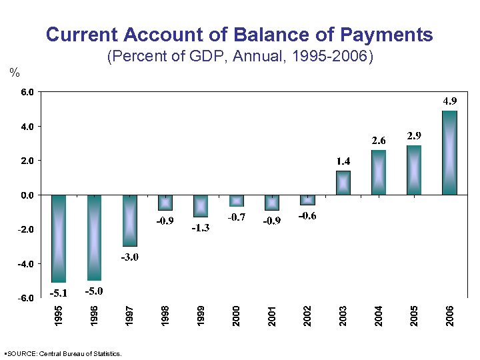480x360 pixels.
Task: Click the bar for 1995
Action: pyautogui.click(x=59, y=238)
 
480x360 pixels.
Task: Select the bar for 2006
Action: pyautogui.click(x=449, y=153)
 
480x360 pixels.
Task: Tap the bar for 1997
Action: pyautogui.click(x=129, y=220)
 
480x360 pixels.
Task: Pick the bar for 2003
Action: pyautogui.click(x=343, y=183)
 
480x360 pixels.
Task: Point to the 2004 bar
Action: pyautogui.click(x=378, y=172)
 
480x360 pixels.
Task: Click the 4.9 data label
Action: pyautogui.click(x=450, y=101)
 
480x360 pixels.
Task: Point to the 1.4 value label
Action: pyautogui.click(x=343, y=161)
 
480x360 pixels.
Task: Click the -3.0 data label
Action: pyautogui.click(x=129, y=257)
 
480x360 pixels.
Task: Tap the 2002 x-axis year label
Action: pyautogui.click(x=307, y=316)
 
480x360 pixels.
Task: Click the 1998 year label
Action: pyautogui.click(x=165, y=316)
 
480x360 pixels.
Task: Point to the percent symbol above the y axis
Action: pyautogui.click(x=13, y=72)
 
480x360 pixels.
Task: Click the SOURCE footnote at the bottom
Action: pyautogui.click(x=63, y=353)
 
